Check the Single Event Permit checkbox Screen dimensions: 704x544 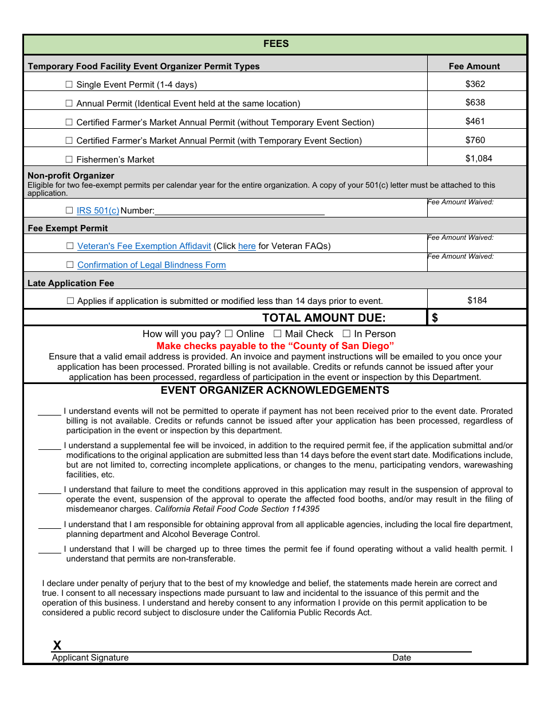coord(69,84)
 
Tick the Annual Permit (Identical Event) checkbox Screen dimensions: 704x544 coord(69,103)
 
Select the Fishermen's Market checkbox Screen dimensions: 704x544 coord(69,159)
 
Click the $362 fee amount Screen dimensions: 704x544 coord(475,84)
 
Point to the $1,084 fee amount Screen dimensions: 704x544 coord(478,159)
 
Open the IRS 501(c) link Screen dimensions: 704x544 coord(98,211)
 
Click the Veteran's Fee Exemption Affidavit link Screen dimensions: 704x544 coord(144,246)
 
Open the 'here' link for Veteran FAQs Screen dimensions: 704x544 coord(247,246)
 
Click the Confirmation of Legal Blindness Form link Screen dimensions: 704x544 coord(151,265)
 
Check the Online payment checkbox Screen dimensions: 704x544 coord(228,334)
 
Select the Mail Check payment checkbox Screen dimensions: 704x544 coord(277,334)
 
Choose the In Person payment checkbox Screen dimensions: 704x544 coord(346,334)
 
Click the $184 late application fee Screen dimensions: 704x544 coord(477,300)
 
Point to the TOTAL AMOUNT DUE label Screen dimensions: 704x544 coord(324,318)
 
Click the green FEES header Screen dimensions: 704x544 coord(275,44)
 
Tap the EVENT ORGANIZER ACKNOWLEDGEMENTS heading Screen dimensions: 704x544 coord(275,390)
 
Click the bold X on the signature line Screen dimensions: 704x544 coord(57,646)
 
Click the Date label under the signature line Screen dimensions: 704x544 coord(401,658)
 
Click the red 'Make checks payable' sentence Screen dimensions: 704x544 coord(275,346)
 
